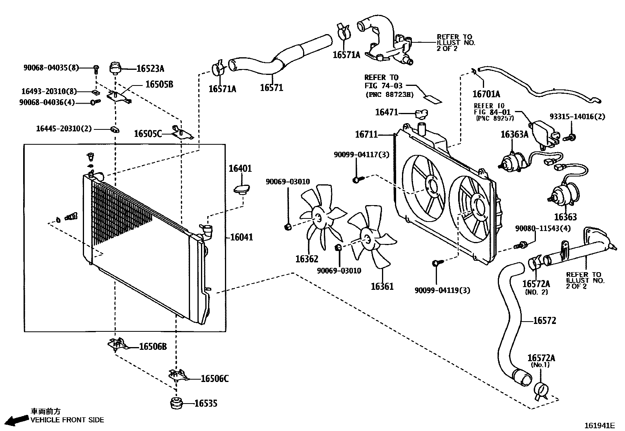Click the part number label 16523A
tap(150, 69)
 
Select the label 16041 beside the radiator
tap(241, 237)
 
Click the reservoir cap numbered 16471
tap(421, 114)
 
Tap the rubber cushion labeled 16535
tap(176, 403)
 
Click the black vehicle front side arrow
tap(17, 420)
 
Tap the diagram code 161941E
tap(599, 426)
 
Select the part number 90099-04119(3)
tap(442, 291)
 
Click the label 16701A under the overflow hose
tap(486, 94)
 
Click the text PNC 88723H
tap(389, 95)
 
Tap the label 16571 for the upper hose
tap(272, 88)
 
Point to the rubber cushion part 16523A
tap(115, 68)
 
